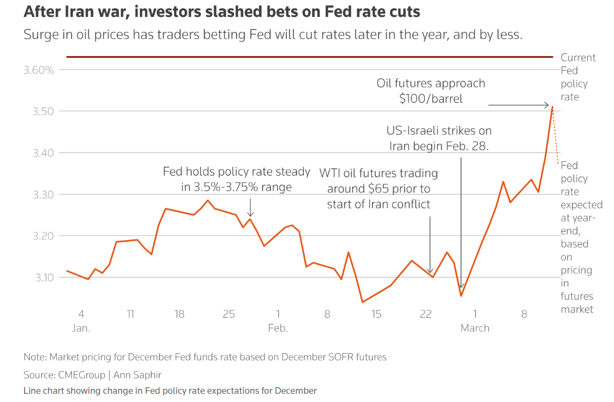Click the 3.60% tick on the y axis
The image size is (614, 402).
point(38,70)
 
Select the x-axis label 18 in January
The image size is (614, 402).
point(179,314)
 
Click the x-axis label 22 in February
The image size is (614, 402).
point(426,314)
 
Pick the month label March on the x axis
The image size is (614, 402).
point(475,328)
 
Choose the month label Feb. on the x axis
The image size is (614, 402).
point(278,328)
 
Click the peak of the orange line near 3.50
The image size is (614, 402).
point(552,107)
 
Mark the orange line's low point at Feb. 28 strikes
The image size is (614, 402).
point(461,295)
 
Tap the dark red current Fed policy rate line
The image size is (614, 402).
point(306,56)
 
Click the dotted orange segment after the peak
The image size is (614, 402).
point(556,137)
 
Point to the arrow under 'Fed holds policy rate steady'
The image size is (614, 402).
point(250,208)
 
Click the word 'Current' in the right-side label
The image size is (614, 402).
point(578,57)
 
